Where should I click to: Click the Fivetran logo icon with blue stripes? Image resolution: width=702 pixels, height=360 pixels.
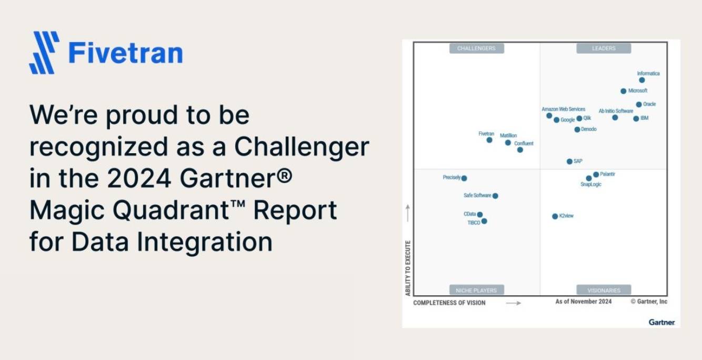coord(44,53)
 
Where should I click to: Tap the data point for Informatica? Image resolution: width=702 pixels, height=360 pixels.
coord(642,80)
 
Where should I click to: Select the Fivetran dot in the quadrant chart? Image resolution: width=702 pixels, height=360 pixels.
coord(489,140)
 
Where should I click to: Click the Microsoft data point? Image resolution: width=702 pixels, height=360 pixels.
coord(624,91)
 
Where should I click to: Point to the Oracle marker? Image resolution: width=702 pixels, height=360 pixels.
coord(639,104)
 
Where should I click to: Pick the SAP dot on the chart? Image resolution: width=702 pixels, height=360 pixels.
coord(569,162)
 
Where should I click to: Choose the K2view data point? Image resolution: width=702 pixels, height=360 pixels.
coord(555,216)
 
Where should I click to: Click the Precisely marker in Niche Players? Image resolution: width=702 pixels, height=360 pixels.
coord(464,178)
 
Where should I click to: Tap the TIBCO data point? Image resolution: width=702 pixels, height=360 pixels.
coord(484,221)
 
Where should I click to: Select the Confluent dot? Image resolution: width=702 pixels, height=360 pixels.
coord(520,150)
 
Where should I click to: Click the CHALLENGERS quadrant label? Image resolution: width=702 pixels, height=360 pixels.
coord(476,48)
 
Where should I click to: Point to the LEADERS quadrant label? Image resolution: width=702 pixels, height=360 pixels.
coord(604,48)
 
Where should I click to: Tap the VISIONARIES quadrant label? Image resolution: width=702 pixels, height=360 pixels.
coord(604,290)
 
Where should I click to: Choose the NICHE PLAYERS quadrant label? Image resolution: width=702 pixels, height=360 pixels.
coord(476,290)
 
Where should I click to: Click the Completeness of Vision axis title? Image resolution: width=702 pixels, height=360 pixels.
coord(449,303)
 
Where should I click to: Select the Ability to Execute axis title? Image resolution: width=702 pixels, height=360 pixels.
coord(408,268)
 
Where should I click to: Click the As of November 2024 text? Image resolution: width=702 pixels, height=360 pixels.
coord(583,302)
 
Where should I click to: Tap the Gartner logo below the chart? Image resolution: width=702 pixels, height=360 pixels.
coord(661,322)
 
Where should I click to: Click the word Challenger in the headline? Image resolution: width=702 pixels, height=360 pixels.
coord(302,147)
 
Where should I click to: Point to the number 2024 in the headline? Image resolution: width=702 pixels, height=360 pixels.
coord(139,178)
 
